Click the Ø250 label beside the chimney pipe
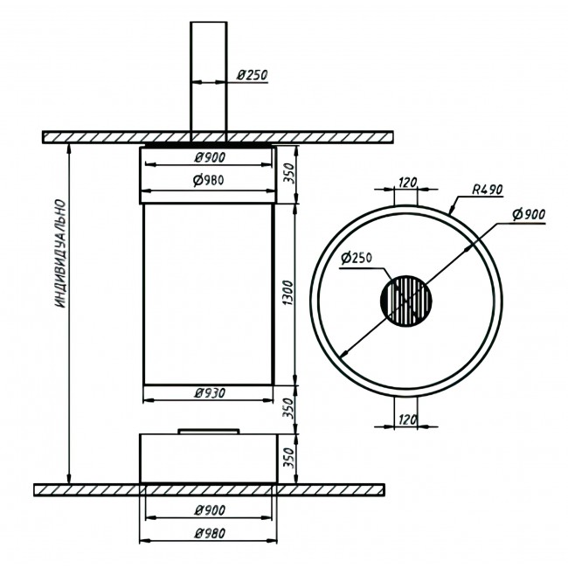tap(253, 75)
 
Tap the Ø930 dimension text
tap(210, 392)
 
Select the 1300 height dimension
tap(288, 293)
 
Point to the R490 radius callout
tap(488, 190)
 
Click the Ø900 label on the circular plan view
tap(529, 214)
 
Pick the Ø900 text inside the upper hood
tap(210, 157)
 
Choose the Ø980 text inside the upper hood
tap(208, 180)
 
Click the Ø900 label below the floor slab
tap(210, 510)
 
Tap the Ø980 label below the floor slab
tap(210, 533)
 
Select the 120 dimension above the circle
tap(407, 183)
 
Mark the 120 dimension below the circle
tap(407, 419)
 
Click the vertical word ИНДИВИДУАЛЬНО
tap(61, 253)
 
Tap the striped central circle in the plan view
tap(406, 301)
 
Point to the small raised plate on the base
tap(209, 432)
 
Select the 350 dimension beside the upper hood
tap(289, 174)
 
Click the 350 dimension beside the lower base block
tap(289, 458)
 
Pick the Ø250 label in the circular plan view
tap(357, 258)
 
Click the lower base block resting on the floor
tap(209, 458)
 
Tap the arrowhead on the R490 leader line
tap(452, 210)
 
